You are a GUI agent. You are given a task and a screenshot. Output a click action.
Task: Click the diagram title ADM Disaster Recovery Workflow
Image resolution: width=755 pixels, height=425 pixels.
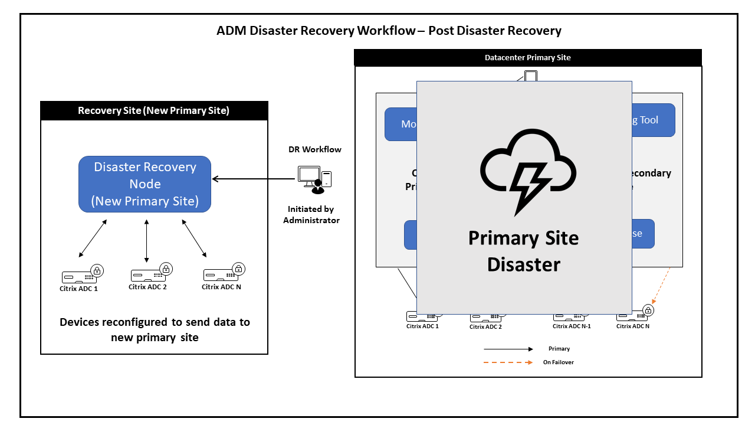pos(389,31)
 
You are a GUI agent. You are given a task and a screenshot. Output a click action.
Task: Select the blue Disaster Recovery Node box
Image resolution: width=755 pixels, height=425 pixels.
pos(145,184)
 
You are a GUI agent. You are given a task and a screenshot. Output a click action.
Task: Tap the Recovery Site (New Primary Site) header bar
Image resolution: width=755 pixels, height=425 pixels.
pos(154,111)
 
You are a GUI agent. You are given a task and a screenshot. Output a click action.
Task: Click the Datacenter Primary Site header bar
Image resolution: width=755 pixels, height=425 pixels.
pos(527,58)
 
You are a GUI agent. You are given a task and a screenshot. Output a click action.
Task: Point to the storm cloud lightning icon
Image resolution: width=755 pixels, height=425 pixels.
pos(528,172)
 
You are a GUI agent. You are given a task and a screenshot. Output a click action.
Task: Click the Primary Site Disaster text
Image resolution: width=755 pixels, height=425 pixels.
pos(524,251)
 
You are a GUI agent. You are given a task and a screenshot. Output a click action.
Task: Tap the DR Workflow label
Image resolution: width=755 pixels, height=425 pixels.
pos(314,150)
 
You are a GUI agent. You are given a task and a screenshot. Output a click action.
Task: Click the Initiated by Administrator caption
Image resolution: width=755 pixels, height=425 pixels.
pos(311,214)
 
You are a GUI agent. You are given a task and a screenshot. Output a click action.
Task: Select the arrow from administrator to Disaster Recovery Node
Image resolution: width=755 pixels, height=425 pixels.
pos(254,179)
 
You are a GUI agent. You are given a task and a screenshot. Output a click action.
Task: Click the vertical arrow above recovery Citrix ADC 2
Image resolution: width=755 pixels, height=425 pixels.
pos(147,240)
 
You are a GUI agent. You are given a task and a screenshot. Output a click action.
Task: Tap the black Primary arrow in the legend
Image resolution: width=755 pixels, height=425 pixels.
pos(508,349)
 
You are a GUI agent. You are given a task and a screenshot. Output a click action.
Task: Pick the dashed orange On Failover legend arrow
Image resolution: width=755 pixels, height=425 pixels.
pos(508,362)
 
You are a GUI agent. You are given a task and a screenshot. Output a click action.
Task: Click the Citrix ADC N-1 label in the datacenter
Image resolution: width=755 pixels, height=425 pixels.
pos(572,326)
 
